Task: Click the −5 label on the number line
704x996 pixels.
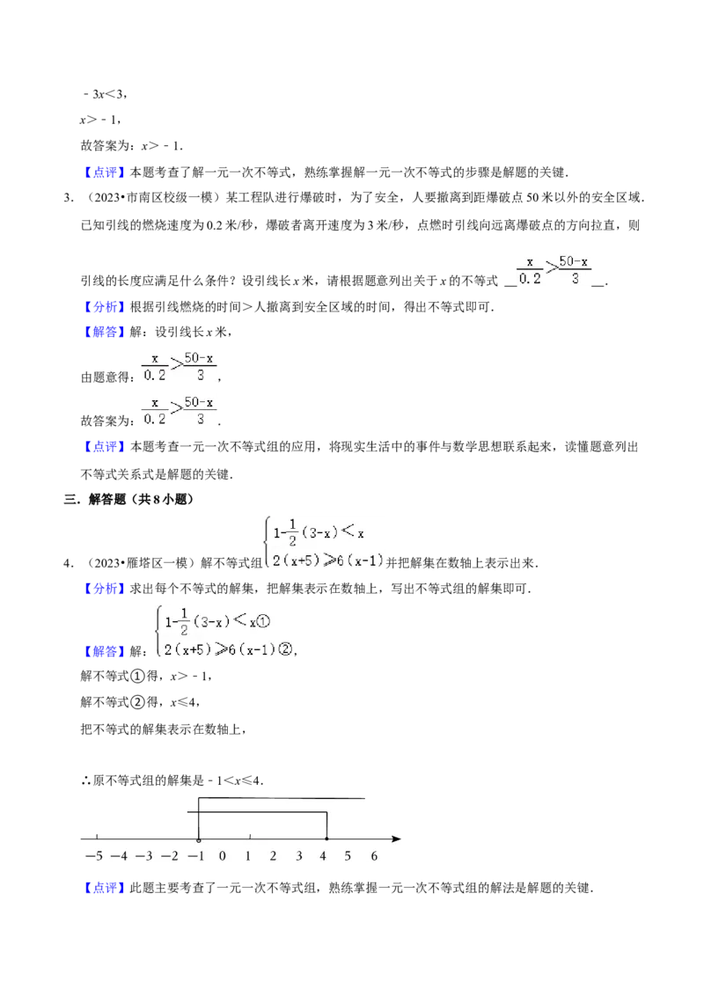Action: (93, 856)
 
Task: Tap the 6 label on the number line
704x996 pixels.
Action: (374, 856)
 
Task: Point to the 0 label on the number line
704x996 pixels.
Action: (223, 856)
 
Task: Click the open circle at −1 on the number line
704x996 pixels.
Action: (199, 839)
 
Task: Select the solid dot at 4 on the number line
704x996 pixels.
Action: (326, 839)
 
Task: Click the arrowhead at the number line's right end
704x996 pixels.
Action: (397, 839)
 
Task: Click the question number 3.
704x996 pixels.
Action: (68, 198)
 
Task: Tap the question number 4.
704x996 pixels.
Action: (68, 563)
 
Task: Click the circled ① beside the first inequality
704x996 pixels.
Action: (264, 621)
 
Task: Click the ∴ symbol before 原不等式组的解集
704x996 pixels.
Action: (85, 780)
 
